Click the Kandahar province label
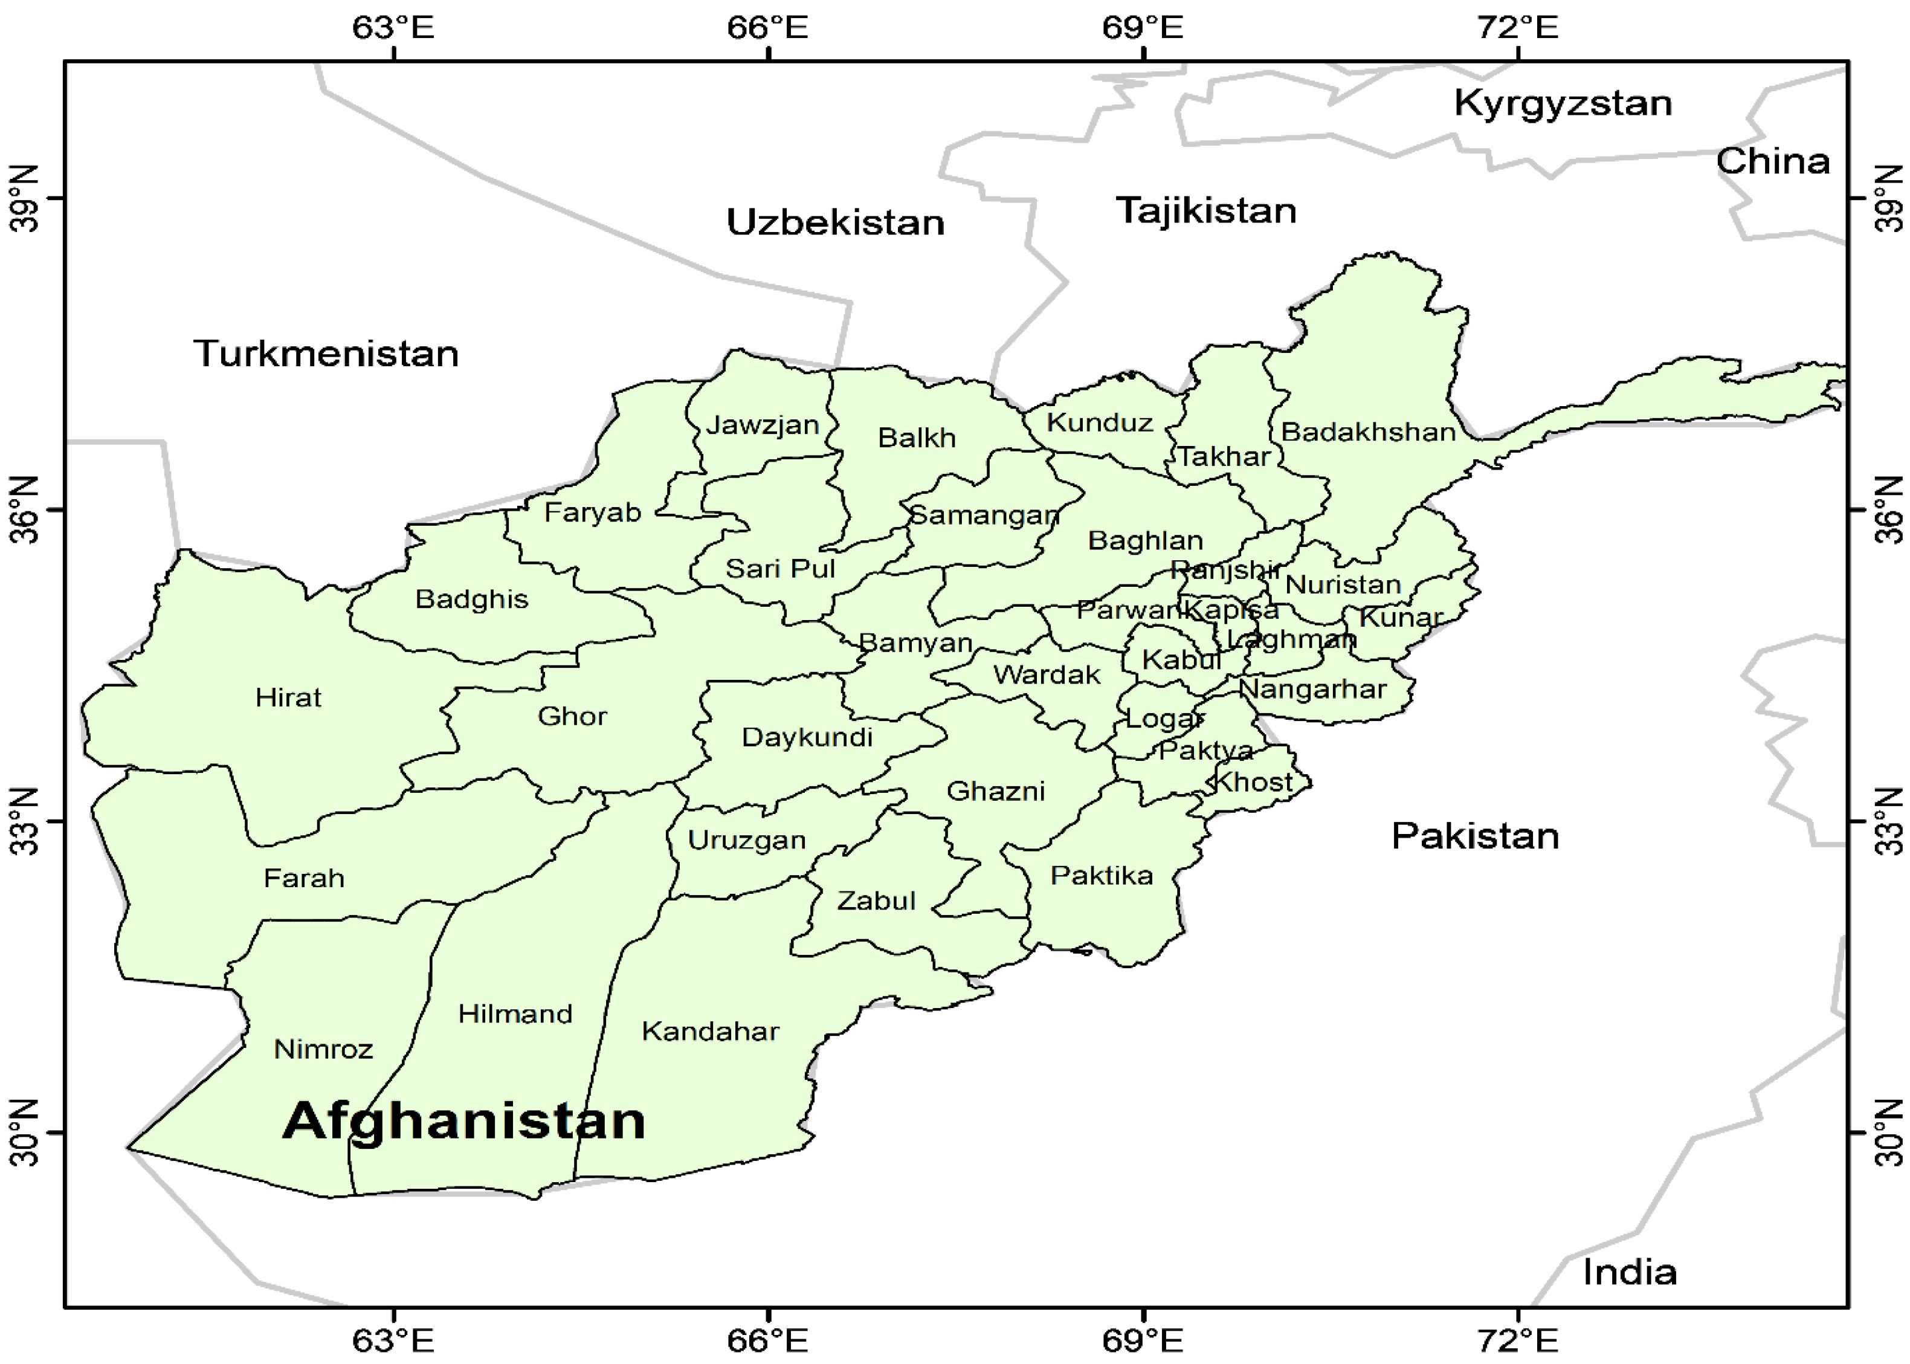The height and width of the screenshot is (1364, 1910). (710, 1032)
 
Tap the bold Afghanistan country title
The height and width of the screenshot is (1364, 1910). (463, 1121)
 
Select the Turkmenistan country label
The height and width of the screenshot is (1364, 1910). (326, 354)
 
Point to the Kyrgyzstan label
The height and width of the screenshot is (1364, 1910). (1563, 103)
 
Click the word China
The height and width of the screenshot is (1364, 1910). (1772, 161)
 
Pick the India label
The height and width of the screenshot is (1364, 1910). (1629, 1273)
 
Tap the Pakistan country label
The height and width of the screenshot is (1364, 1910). (1474, 836)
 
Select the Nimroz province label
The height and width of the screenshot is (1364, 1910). (323, 1049)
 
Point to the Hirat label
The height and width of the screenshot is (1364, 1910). (288, 697)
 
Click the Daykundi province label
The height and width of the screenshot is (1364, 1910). (807, 737)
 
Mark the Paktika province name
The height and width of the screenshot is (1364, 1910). (1101, 876)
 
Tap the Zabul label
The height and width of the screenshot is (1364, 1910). (876, 901)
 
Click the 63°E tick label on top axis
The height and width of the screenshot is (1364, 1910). (393, 28)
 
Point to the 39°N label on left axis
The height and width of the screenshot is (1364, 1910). (25, 199)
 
